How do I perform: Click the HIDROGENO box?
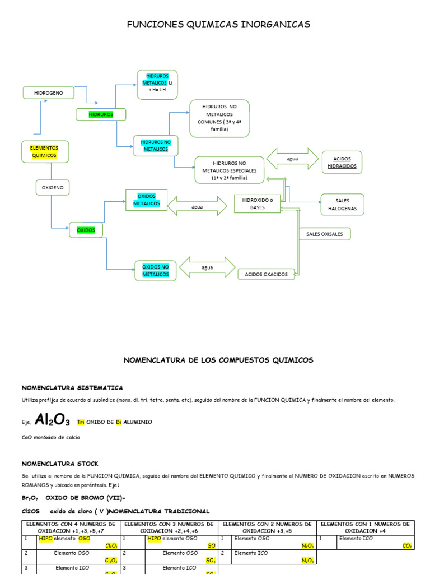49,92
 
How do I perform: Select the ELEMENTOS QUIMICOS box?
45,151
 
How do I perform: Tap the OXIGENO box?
52,187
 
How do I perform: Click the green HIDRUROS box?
101,114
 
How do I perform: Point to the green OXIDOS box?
86,230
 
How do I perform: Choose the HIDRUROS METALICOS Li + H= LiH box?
157,85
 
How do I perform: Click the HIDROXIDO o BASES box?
257,203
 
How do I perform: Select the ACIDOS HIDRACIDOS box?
341,163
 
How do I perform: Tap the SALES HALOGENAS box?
342,205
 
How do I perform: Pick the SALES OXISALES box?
325,234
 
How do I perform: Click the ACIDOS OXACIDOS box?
267,274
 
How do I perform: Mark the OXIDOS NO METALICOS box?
155,271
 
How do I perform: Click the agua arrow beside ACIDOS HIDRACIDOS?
292,159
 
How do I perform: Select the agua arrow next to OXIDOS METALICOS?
197,206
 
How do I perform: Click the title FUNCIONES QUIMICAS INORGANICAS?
218,25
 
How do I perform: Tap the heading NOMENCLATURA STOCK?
60,464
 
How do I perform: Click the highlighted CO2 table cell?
407,545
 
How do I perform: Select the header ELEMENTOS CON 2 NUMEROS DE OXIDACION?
267,527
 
